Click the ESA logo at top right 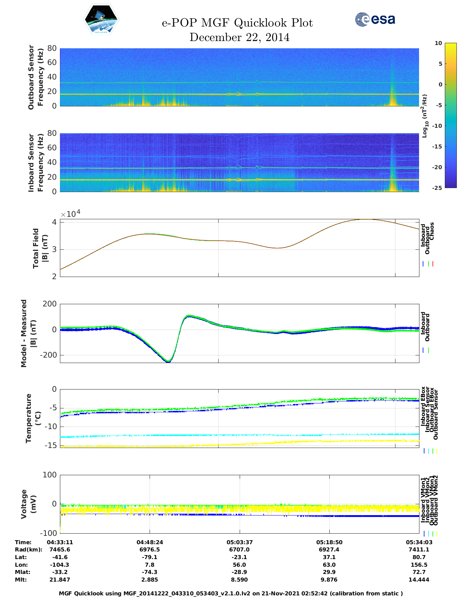[x=375, y=19]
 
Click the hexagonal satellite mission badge [x=101, y=20]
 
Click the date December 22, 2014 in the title [x=239, y=37]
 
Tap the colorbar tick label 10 [x=438, y=43]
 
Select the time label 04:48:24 [x=150, y=542]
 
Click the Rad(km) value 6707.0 [x=239, y=550]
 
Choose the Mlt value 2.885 [x=150, y=580]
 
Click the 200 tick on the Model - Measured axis [x=49, y=304]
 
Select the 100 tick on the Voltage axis [x=50, y=475]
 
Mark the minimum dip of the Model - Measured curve [x=168, y=361]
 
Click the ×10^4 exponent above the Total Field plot [x=70, y=213]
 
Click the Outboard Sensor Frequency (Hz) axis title [x=36, y=77]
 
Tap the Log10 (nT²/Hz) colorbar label [x=425, y=116]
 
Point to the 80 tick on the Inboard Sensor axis [x=52, y=133]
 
